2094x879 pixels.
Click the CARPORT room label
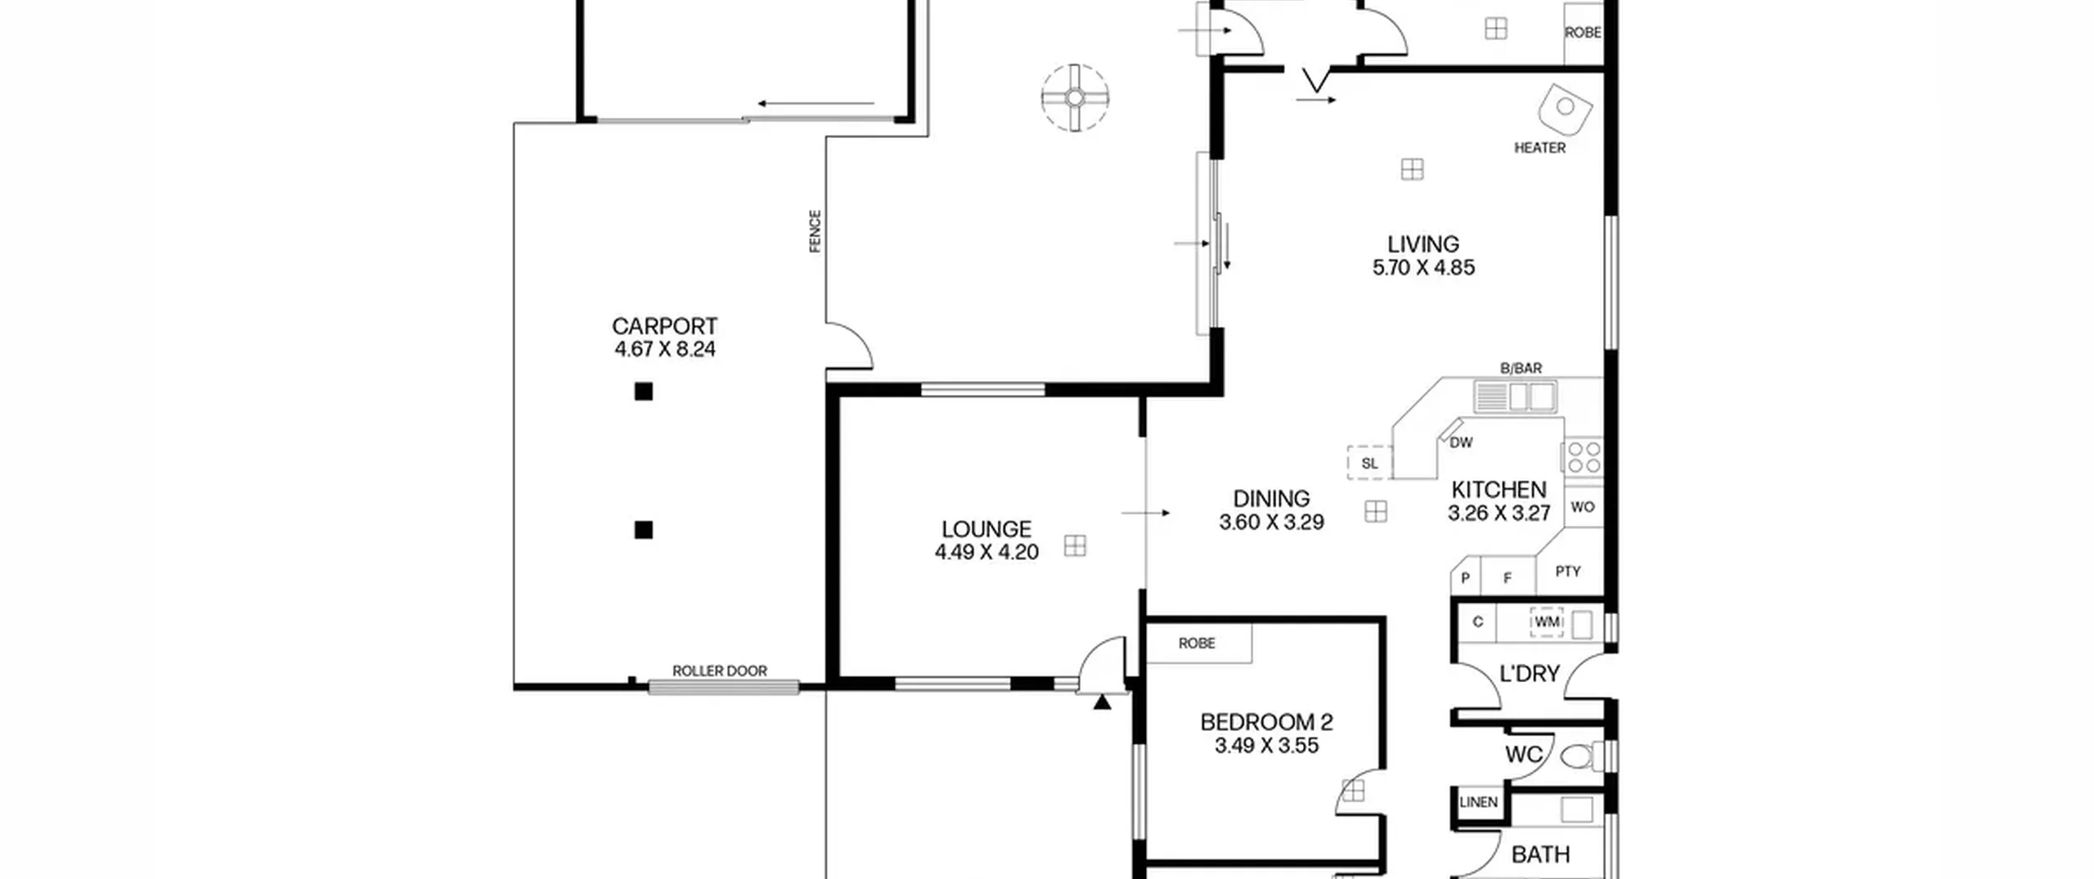click(664, 326)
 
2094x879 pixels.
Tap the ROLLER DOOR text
click(720, 670)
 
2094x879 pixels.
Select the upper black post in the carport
click(644, 392)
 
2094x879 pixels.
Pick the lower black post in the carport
click(644, 530)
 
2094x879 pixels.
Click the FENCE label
click(815, 231)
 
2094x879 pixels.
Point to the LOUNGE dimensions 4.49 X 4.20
click(986, 552)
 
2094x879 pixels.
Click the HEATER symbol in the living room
click(1565, 108)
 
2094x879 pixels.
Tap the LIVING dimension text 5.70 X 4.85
click(1423, 267)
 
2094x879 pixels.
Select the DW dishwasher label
click(1461, 442)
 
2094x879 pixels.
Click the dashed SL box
click(1370, 462)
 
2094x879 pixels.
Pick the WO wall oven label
click(1583, 507)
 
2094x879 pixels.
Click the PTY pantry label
click(1568, 572)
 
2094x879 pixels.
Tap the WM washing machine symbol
click(1547, 622)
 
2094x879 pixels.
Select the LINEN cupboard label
click(1479, 802)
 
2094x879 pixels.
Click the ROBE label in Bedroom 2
click(1197, 644)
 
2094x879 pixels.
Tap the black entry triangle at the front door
click(1103, 701)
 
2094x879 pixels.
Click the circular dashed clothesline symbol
click(1076, 98)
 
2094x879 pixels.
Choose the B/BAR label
click(1521, 369)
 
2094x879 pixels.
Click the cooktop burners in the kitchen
click(1584, 457)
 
